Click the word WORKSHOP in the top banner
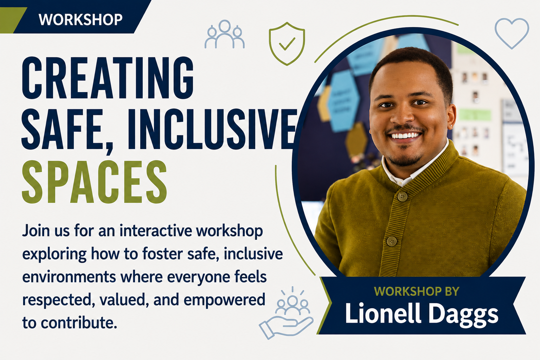(81, 20)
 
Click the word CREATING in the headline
(108, 78)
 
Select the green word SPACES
(94, 182)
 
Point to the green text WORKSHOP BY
(417, 291)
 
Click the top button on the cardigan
(402, 197)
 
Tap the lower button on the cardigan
(392, 241)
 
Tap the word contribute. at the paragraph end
(79, 323)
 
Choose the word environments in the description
(69, 277)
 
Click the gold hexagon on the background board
(356, 140)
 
